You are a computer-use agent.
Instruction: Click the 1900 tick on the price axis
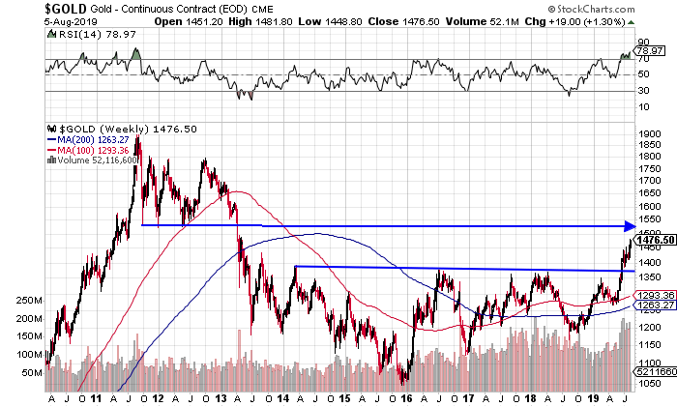648,134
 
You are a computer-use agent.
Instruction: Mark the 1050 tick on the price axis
648,382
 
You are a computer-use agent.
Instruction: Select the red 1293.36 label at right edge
654,294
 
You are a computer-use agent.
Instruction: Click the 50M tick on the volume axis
29,371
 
